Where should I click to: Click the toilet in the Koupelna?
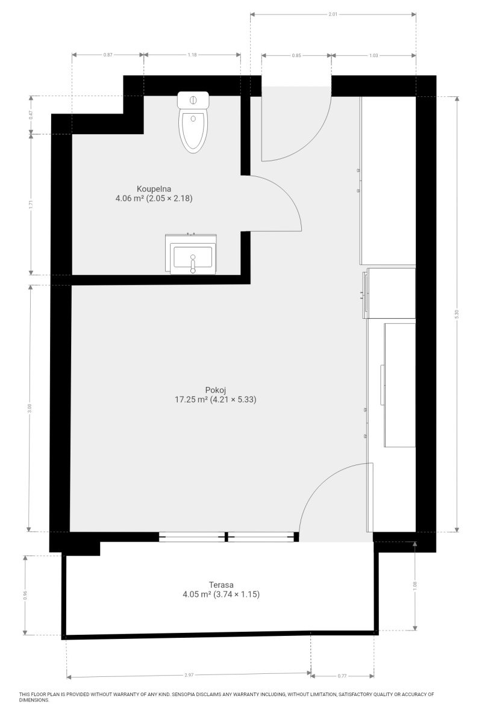tap(193, 122)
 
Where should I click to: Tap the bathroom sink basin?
tap(193, 256)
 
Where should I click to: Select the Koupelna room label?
tap(154, 188)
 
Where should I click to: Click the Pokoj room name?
tap(215, 390)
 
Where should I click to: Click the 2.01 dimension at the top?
tap(333, 14)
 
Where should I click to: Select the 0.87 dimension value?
tap(108, 55)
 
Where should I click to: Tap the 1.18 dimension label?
tap(192, 55)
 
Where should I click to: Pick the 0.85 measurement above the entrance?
tap(296, 55)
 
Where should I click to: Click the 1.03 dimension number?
tap(374, 55)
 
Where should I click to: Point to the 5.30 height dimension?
tap(457, 314)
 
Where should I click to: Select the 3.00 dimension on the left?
tap(30, 409)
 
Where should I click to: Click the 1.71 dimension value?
tap(31, 205)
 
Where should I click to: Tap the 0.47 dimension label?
tap(31, 115)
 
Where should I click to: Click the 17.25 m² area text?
tap(191, 400)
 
